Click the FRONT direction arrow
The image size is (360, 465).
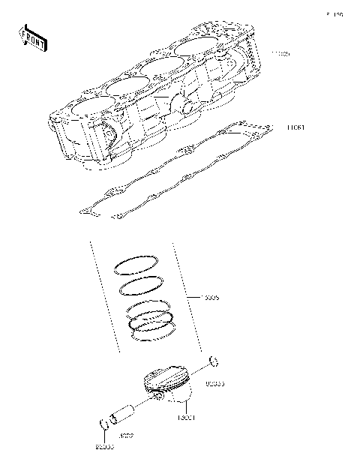32,37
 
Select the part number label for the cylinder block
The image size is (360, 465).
280,55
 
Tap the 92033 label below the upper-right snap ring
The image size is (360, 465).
214,383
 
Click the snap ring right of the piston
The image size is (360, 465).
213,363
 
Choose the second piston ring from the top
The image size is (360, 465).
139,286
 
